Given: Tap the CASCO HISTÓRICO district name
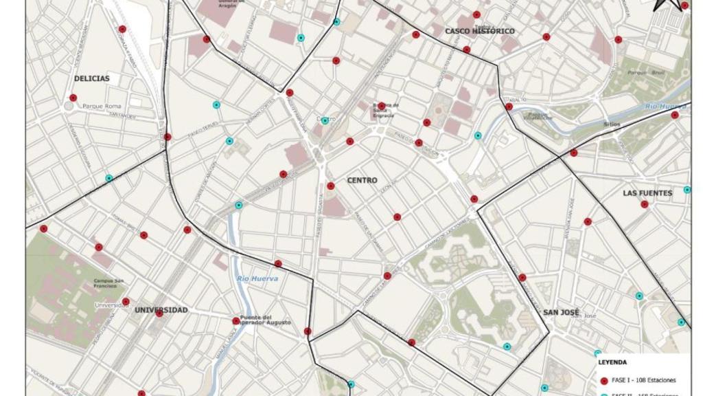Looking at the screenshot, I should (480, 31).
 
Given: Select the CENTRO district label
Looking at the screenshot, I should (362, 180).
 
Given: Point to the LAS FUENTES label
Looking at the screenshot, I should (647, 193).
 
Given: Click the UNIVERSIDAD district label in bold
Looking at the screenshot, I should (161, 310).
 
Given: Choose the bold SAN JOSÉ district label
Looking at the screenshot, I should (562, 312).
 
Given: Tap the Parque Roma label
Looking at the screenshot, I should (101, 107).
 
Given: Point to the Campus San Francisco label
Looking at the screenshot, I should (109, 285).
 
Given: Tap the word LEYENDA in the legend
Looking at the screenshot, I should (612, 362).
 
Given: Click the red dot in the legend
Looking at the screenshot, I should (603, 380).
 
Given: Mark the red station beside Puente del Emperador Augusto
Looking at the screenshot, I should (235, 320).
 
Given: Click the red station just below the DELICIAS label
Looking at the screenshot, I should (73, 98).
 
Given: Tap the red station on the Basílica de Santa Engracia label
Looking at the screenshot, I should (382, 105).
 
